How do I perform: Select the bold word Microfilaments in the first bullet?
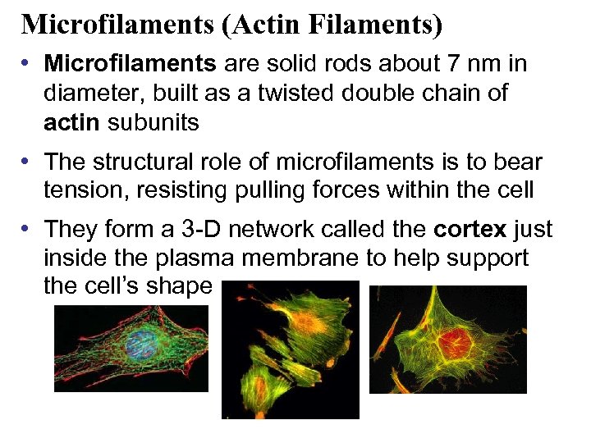130,63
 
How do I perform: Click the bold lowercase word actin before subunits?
71,123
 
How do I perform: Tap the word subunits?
153,123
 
